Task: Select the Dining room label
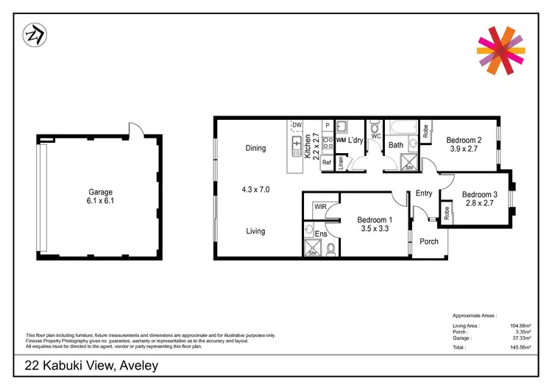tap(255, 149)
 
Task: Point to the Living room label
tap(255, 231)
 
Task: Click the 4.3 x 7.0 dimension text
tap(255, 189)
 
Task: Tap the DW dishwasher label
tap(297, 126)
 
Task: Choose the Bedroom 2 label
tap(464, 141)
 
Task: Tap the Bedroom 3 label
tap(480, 195)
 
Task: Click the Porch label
tap(428, 241)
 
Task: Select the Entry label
tap(424, 194)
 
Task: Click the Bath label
tap(396, 145)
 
